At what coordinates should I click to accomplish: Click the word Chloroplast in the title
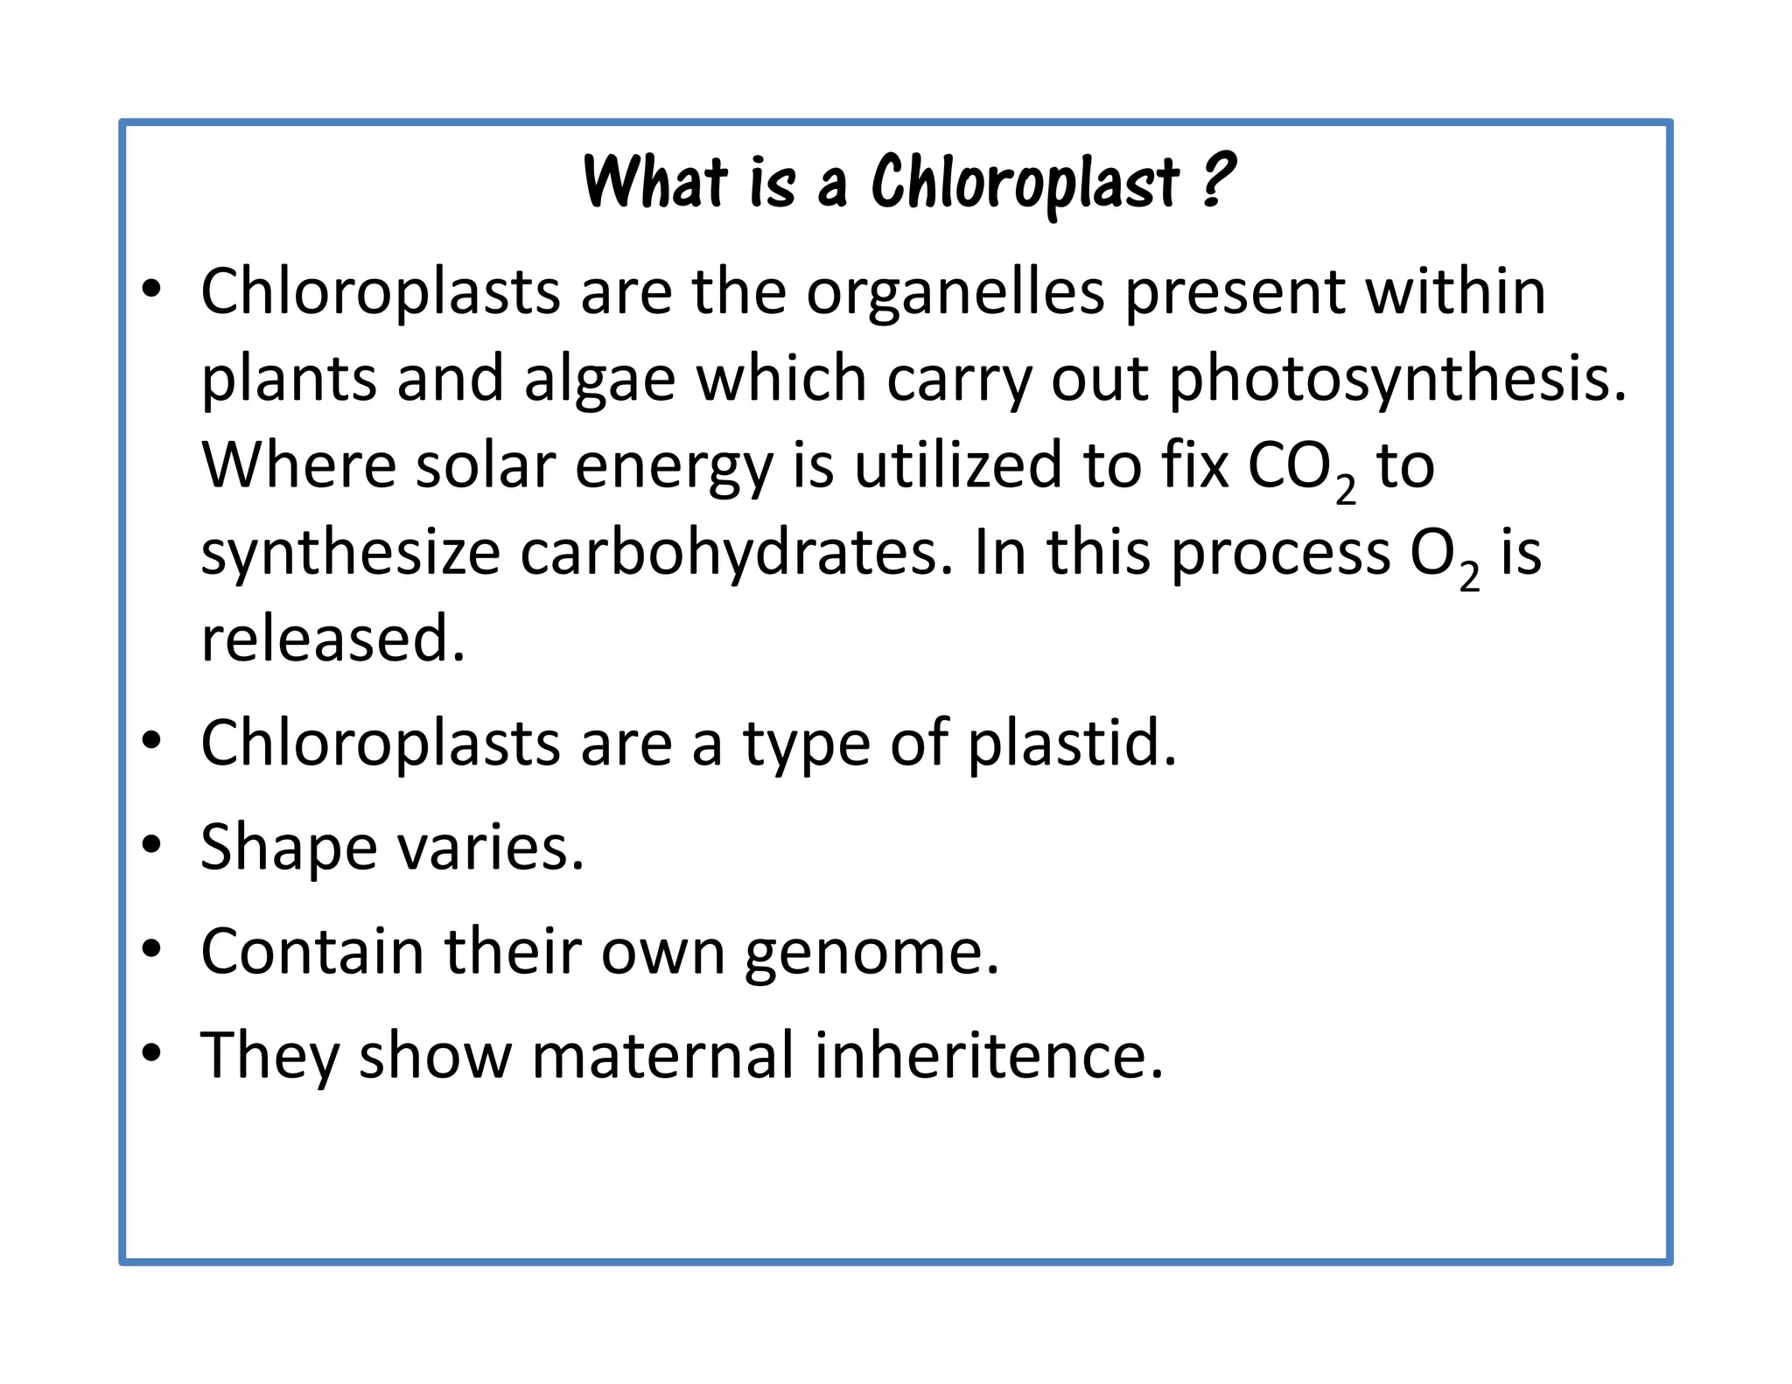(1025, 183)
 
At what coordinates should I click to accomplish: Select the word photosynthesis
(1397, 381)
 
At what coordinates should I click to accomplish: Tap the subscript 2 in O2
(1469, 577)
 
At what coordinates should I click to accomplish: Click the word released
(332, 639)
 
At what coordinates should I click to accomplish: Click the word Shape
(288, 848)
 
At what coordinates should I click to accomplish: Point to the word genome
(871, 952)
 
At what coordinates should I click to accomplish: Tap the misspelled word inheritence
(989, 1055)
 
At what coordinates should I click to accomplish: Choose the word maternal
(661, 1055)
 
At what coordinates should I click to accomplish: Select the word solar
(485, 466)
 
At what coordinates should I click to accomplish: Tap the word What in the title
(655, 183)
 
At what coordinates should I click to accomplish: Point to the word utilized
(958, 466)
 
